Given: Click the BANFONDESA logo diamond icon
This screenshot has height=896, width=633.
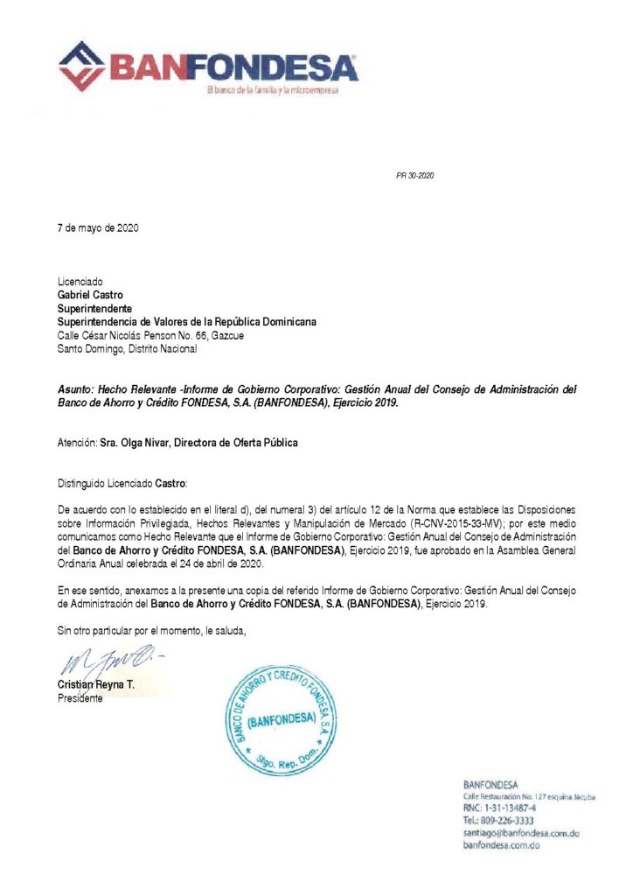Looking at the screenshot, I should coord(81,66).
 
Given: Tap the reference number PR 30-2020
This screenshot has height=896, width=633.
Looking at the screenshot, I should coord(415,176).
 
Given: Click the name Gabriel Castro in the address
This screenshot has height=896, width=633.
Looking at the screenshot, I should coord(90,296).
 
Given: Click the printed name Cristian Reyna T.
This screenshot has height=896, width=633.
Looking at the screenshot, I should coord(96,685).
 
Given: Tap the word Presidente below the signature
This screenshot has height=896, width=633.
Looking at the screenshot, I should coord(80,698).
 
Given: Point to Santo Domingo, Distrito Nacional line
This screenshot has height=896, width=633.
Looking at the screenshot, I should coord(127,348).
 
